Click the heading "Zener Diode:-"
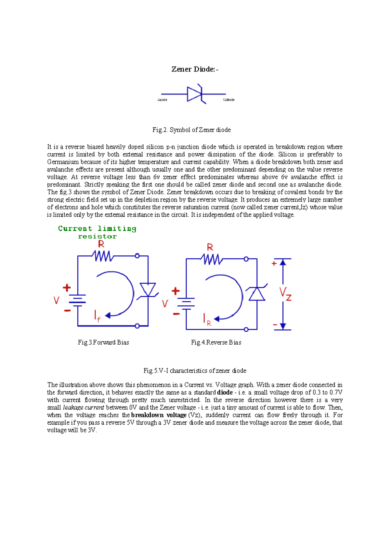pyautogui.click(x=195, y=69)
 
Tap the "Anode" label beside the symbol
pyautogui.click(x=162, y=100)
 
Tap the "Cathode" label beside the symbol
pyautogui.click(x=229, y=100)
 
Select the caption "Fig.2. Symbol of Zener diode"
pyautogui.click(x=191, y=130)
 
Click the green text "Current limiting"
pyautogui.click(x=97, y=228)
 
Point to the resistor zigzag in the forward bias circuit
pyautogui.click(x=103, y=256)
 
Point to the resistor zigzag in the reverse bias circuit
pyautogui.click(x=212, y=259)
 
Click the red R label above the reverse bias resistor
pyautogui.click(x=210, y=248)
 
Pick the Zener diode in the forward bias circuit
pyautogui.click(x=148, y=289)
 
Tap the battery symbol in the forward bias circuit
pyautogui.click(x=78, y=301)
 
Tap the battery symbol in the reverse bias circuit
pyautogui.click(x=186, y=304)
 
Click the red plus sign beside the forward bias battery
pyautogui.click(x=67, y=288)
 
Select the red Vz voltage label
pyautogui.click(x=285, y=294)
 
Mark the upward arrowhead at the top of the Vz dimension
pyautogui.click(x=283, y=262)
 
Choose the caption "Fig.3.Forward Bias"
pyautogui.click(x=103, y=342)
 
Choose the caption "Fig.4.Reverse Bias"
pyautogui.click(x=216, y=342)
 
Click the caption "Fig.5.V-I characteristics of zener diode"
pyautogui.click(x=195, y=371)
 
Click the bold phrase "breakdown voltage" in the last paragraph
pyautogui.click(x=159, y=415)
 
